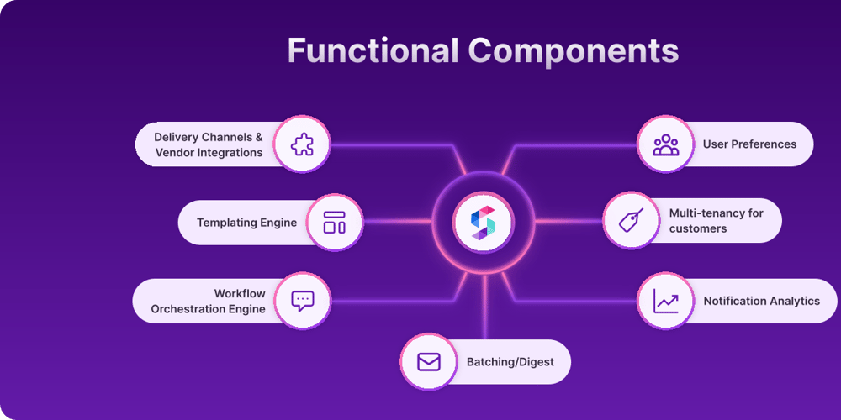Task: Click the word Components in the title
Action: coord(574,50)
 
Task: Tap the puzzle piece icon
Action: coord(302,144)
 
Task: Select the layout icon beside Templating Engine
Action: coord(334,223)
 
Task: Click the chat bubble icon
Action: coord(302,301)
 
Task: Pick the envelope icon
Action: coord(429,362)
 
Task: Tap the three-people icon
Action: coord(666,144)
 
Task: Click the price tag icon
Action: coord(632,221)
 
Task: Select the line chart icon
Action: coord(666,301)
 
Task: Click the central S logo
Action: coord(484,223)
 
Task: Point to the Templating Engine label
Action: coord(246,223)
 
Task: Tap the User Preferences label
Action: coord(749,144)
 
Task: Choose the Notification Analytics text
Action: coord(761,301)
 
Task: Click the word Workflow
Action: coord(239,293)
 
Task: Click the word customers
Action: coord(698,228)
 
